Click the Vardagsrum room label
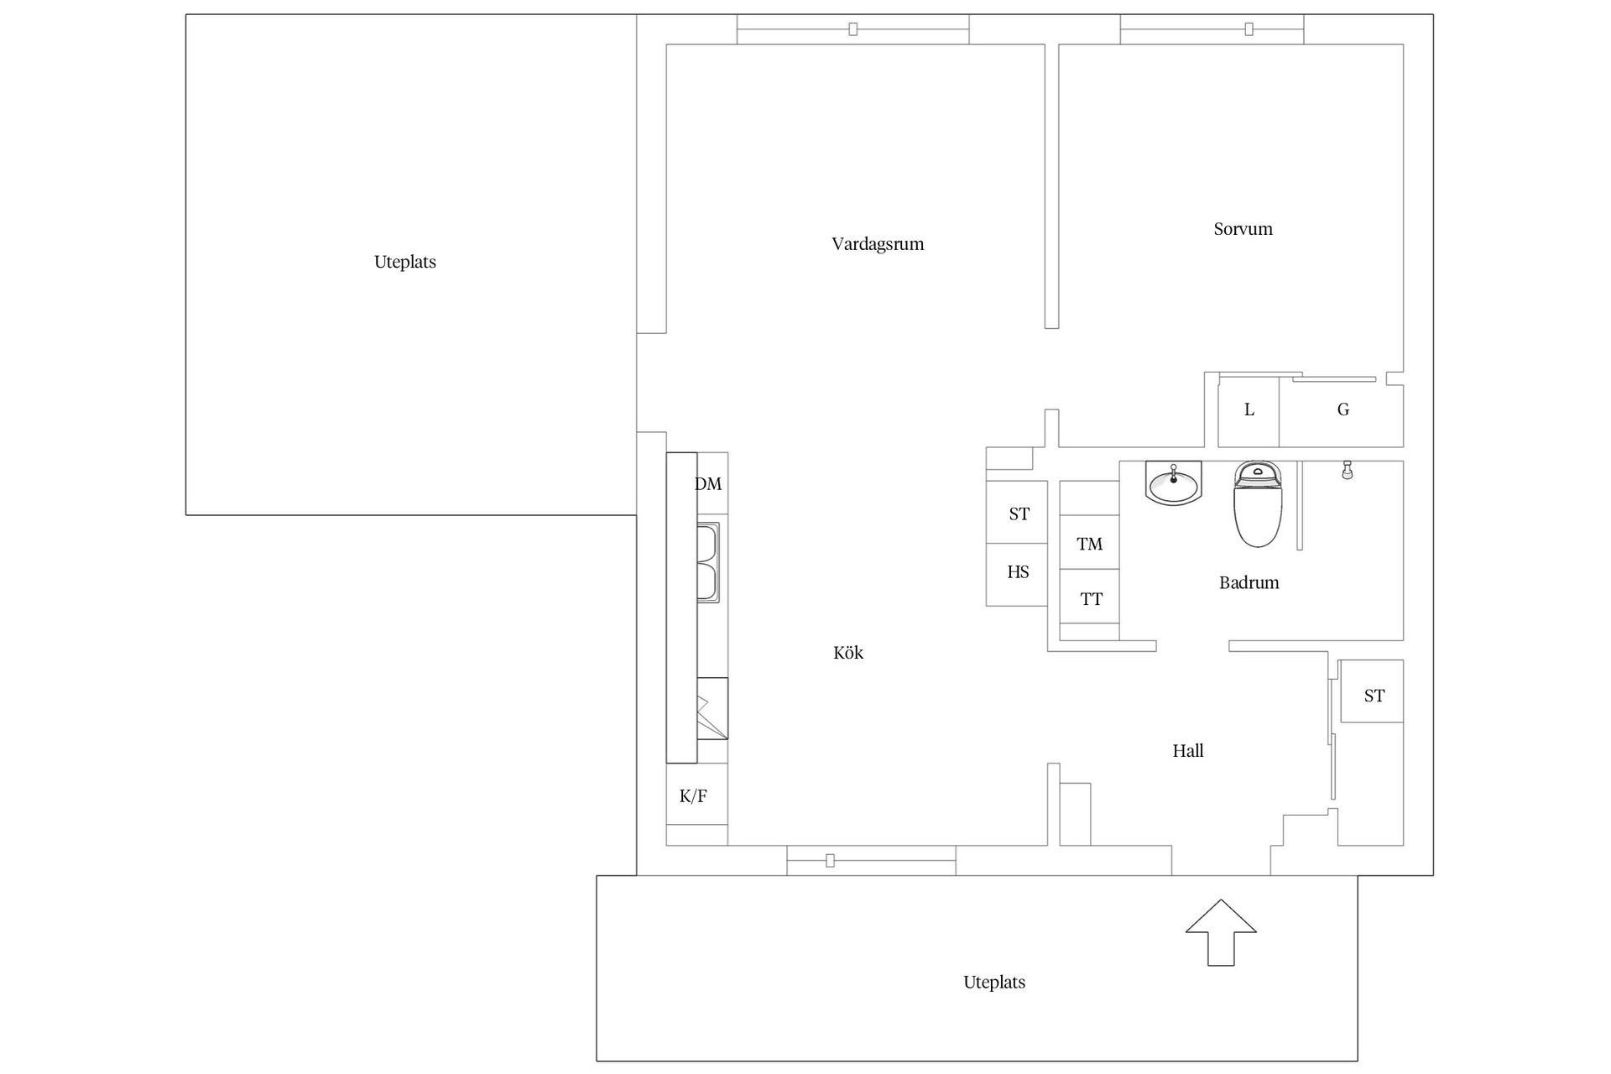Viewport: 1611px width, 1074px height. pos(878,244)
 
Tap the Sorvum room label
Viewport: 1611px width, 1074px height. pos(1243,229)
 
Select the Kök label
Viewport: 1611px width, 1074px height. pos(848,653)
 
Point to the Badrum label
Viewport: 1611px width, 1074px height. pos(1249,582)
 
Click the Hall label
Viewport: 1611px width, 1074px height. pos(1188,751)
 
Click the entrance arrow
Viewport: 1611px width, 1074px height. pos(1221,932)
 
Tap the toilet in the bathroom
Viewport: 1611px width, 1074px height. pos(1258,503)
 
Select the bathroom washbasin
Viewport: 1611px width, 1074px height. pos(1173,483)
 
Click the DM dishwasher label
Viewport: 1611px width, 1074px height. pos(708,484)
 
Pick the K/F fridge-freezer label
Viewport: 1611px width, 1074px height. pos(693,796)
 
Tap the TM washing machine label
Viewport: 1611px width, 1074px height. pos(1089,545)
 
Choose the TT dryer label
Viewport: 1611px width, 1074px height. pos(1091,599)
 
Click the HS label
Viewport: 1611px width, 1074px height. pos(1018,572)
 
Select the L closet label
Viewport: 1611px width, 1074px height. pos(1249,409)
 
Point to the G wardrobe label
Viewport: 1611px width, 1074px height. pos(1343,409)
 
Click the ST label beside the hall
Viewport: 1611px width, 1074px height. pos(1374,696)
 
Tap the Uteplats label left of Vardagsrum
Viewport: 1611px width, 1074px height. pos(405,262)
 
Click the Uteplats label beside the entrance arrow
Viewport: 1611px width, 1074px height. pos(994,983)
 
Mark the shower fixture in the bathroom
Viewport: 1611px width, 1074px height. pos(1347,470)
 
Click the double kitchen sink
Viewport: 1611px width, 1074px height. pos(708,562)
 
